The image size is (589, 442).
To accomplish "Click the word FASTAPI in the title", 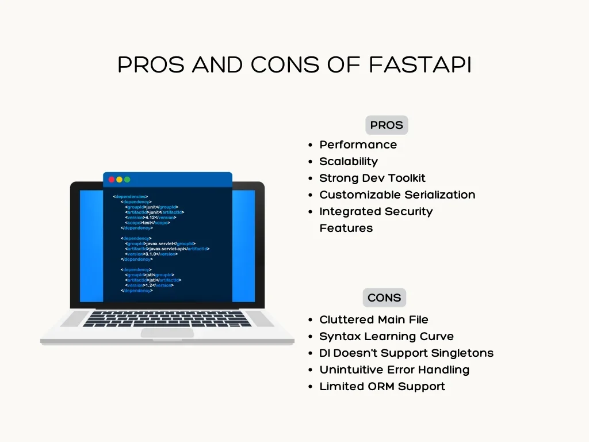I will [419, 65].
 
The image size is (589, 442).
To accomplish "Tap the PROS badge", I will [387, 125].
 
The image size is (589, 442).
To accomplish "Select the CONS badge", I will [384, 298].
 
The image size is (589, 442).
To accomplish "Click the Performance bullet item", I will [358, 144].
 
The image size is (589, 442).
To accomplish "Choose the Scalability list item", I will [349, 161].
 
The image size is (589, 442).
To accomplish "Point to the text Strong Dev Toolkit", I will [372, 178].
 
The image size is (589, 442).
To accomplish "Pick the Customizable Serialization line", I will [397, 195].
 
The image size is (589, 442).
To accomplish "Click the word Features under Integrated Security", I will [346, 228].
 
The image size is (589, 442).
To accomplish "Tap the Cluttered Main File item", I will [373, 319].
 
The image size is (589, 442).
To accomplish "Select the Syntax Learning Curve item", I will [386, 336].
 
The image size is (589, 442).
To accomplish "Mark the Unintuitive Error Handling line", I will [394, 369].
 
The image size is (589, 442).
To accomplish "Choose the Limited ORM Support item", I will [382, 386].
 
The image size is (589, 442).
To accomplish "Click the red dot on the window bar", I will [112, 180].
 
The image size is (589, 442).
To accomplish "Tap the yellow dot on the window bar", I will [120, 180].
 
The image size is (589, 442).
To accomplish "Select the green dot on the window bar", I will [127, 180].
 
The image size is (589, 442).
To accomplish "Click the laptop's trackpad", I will [167, 333].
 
